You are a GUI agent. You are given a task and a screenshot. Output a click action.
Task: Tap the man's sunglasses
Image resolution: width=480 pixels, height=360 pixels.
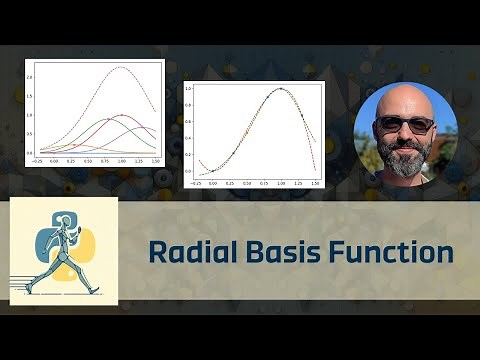pos(404,125)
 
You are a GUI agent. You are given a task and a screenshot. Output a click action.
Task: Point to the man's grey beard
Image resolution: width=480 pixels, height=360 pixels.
pos(405,157)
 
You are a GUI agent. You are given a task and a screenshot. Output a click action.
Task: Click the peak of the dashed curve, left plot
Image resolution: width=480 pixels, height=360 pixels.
pos(121,67)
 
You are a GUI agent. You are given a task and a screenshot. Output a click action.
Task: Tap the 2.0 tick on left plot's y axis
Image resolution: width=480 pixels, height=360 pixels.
pos(30,78)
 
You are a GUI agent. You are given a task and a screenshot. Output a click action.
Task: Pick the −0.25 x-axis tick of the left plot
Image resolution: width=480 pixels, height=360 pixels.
pos(38,160)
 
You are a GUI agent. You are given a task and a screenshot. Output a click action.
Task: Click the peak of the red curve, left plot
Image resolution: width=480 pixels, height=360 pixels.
pos(122,115)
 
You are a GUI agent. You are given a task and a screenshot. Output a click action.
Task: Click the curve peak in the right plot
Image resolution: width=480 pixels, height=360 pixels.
pos(281,89)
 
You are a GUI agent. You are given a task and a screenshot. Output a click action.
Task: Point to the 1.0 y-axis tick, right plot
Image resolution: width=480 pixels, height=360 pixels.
pos(188,90)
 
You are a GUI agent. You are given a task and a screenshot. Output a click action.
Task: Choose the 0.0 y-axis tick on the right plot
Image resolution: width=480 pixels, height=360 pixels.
pos(188,171)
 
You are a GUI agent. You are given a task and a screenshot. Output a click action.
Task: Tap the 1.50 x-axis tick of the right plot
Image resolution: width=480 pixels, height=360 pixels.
pos(316,184)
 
